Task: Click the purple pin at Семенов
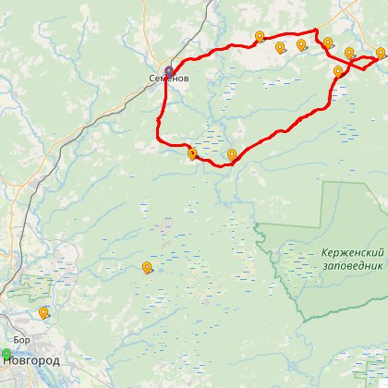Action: point(169,70)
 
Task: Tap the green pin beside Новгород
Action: point(6,354)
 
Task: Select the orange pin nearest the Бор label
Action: point(43,313)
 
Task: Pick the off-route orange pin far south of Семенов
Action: point(147,268)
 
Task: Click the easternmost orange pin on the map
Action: point(380,53)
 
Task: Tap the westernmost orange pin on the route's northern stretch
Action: point(260,37)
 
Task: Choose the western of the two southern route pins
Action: point(192,154)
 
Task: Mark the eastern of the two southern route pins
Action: point(232,154)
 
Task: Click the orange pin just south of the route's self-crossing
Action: point(338,71)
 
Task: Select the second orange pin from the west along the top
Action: point(280,47)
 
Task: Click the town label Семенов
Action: point(169,79)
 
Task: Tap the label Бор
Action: point(22,342)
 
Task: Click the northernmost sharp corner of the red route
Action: point(316,31)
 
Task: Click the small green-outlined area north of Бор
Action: point(28,286)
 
